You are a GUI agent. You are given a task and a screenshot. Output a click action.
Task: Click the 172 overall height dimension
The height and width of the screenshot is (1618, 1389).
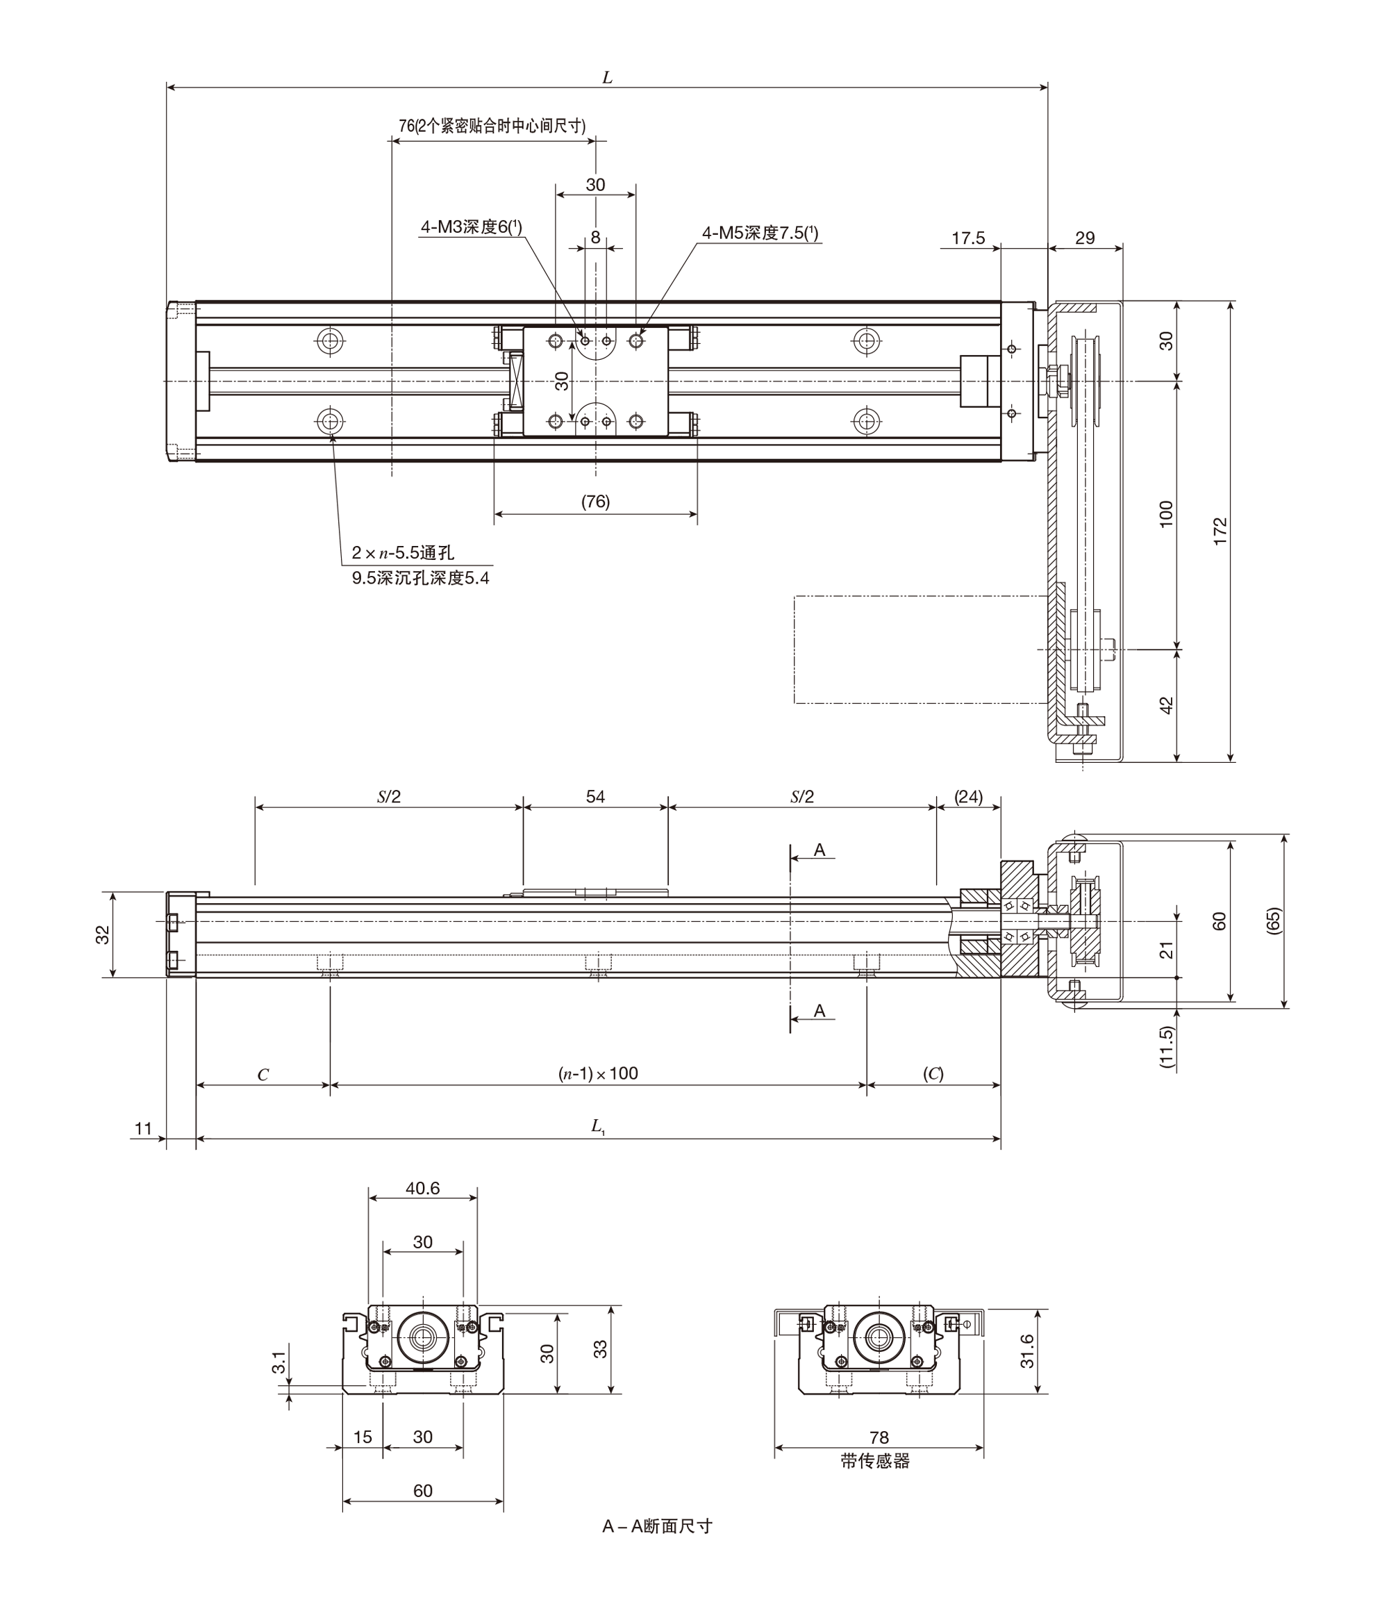(x=1221, y=531)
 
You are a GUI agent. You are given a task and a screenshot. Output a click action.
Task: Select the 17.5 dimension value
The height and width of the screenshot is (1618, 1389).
(x=968, y=238)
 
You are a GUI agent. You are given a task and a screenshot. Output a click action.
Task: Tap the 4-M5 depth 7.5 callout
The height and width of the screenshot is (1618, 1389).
(x=760, y=233)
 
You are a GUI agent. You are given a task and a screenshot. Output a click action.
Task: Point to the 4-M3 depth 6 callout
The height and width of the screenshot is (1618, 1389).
(x=472, y=226)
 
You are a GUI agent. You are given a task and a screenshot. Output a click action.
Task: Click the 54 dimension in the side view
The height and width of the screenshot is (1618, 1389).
(x=596, y=797)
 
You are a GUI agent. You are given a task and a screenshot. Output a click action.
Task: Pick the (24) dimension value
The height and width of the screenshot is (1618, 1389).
(x=969, y=797)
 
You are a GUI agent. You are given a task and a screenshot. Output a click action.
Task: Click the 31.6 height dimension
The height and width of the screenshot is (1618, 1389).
(x=1026, y=1352)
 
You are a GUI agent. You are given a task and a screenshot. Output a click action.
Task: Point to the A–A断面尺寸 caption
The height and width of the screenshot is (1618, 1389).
(x=658, y=1526)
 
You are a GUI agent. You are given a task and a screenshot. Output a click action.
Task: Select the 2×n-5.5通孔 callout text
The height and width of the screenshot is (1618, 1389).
(x=403, y=553)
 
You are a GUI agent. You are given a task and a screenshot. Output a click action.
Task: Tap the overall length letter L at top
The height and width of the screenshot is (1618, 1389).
(x=608, y=78)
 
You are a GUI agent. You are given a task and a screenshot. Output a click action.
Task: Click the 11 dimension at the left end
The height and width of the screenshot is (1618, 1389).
(x=143, y=1128)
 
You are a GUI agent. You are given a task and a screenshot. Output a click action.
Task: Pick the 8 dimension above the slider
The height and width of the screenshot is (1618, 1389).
(x=596, y=237)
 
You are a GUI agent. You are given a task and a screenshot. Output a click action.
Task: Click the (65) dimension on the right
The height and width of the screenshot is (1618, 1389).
(x=1274, y=921)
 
